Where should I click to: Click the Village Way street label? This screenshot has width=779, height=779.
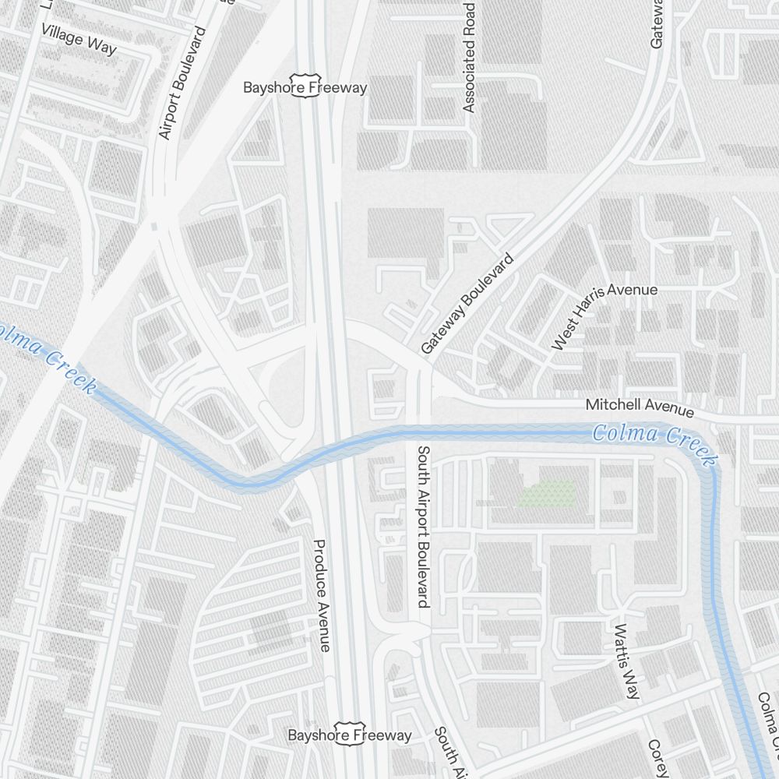pos(79,39)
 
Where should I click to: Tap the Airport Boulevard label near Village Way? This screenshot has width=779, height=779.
pos(181,83)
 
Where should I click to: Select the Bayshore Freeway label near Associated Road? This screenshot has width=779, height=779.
pos(305,87)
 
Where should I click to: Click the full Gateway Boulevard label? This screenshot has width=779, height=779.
pos(468,304)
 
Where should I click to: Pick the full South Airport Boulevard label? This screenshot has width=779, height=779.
pos(423,527)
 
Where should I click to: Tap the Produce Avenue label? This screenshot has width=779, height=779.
pos(322,595)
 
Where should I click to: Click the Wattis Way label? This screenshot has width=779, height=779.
pos(626,661)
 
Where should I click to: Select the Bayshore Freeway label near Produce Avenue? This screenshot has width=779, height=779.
pos(350,735)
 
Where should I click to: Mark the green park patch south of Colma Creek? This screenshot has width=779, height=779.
pos(548,493)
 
